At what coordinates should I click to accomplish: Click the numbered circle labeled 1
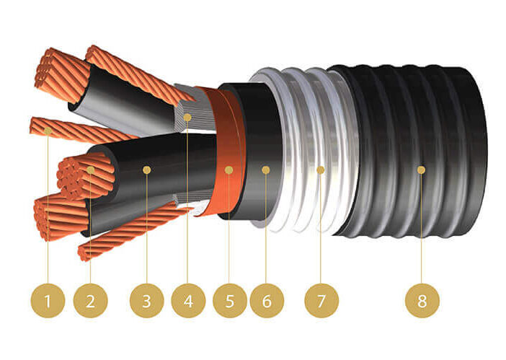coord(48,301)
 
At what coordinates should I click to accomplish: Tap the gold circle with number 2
coord(90,301)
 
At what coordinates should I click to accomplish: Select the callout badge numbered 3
coord(147,301)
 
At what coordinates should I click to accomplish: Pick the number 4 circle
coord(188,301)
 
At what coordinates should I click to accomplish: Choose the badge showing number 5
coord(230,301)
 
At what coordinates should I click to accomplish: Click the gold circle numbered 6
coord(267,301)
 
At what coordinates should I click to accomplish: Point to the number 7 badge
coord(321,301)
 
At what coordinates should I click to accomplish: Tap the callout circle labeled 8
coord(422,301)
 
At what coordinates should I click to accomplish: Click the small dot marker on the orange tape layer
coord(228,170)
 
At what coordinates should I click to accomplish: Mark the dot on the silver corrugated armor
coord(321,170)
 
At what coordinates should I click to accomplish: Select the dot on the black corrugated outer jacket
coord(421,170)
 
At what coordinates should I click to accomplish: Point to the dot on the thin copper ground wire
coord(48,131)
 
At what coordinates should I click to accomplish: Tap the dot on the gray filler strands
coord(187,117)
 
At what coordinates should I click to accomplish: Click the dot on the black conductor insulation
coord(147,170)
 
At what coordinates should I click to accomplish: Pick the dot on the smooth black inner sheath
coord(266,170)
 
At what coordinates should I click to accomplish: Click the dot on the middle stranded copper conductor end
coord(91,170)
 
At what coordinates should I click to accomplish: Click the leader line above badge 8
coord(422,229)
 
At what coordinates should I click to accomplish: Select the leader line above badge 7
coord(321,229)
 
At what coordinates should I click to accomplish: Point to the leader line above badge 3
coord(147,229)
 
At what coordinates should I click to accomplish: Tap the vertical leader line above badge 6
coord(266,229)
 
